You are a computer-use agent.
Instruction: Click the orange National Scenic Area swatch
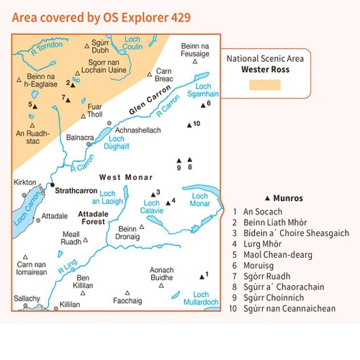click(264, 85)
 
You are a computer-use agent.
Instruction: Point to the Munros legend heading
click(284, 197)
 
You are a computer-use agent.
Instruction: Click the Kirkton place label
click(24, 183)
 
